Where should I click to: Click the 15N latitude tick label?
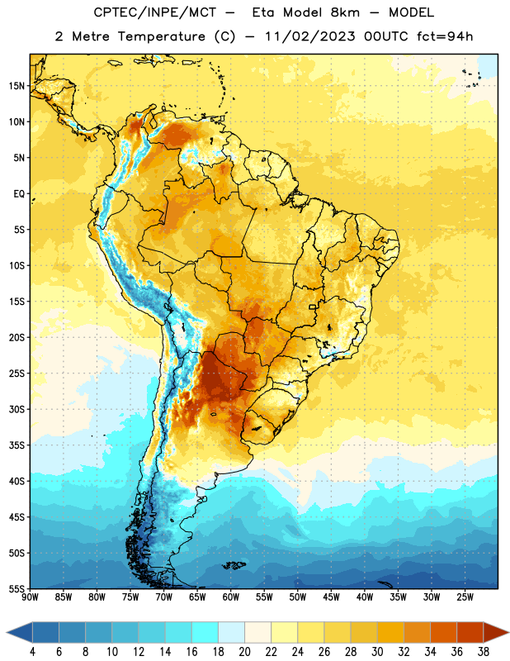coord(17,86)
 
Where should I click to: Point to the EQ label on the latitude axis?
coord(19,194)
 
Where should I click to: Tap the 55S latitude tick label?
coord(17,588)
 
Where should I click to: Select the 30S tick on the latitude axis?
coord(17,409)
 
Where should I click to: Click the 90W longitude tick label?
coord(30,597)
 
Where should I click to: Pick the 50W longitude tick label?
coord(298,597)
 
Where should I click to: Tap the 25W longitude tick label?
coord(465,597)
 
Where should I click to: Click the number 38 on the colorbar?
coord(483,652)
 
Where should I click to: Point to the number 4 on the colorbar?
coord(32,652)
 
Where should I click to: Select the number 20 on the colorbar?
coord(244,652)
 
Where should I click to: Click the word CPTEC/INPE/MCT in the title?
coord(155,12)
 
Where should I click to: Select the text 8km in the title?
coord(345,12)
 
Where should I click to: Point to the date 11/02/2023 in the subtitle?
coord(310,36)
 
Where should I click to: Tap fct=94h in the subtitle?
coord(445,36)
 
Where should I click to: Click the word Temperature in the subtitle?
coord(161,36)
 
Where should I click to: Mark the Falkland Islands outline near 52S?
coord(234,565)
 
